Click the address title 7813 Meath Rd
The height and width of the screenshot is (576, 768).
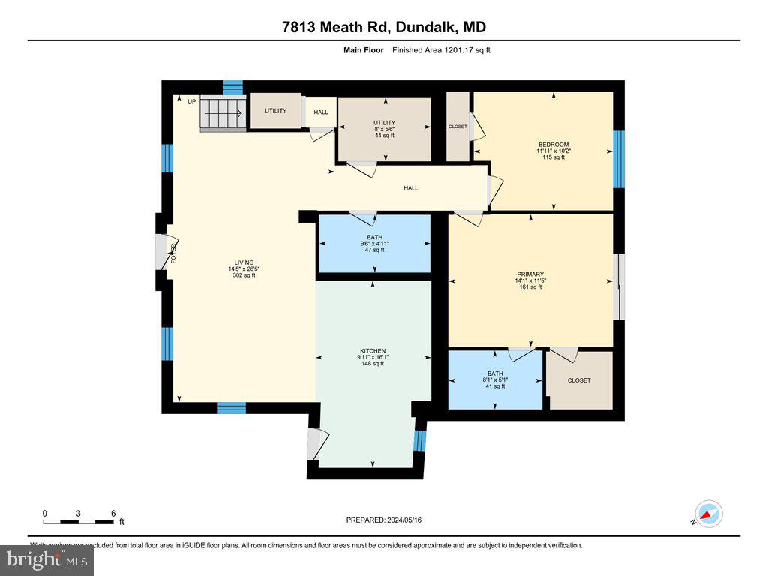[x=383, y=28]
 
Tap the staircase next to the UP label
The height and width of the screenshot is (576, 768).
[x=222, y=114]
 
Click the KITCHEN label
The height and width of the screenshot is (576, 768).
[x=372, y=351]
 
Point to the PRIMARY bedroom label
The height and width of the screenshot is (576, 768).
[x=529, y=274]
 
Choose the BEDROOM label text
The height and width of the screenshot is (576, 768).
[x=553, y=145]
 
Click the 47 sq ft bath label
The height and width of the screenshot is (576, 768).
[x=373, y=243]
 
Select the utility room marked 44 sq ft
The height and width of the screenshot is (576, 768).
[x=384, y=128]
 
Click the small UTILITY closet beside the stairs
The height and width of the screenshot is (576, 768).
[x=275, y=111]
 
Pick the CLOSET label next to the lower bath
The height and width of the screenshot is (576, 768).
[x=578, y=380]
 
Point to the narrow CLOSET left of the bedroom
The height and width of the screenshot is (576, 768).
[x=457, y=127]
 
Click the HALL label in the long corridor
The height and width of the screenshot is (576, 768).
[x=410, y=188]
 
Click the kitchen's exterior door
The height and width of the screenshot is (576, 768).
[x=314, y=443]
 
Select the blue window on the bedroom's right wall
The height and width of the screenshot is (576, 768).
[x=619, y=159]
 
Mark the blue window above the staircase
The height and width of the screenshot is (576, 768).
[x=233, y=87]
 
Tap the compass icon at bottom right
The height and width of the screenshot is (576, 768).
[x=707, y=514]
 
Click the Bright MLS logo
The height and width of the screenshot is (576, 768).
[x=47, y=559]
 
